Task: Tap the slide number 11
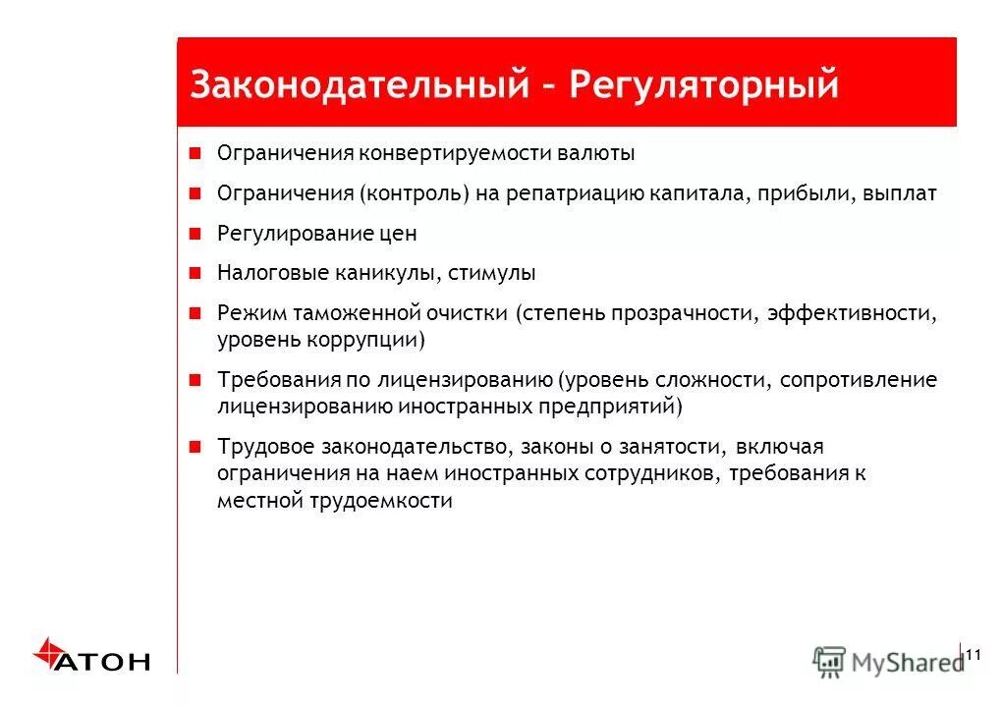click(974, 655)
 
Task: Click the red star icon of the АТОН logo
click(47, 652)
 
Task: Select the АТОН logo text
click(103, 662)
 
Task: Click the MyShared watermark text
click(907, 663)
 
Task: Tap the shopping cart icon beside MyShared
click(830, 662)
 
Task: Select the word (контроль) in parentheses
click(414, 194)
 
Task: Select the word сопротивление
click(859, 381)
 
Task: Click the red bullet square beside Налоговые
click(195, 273)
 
